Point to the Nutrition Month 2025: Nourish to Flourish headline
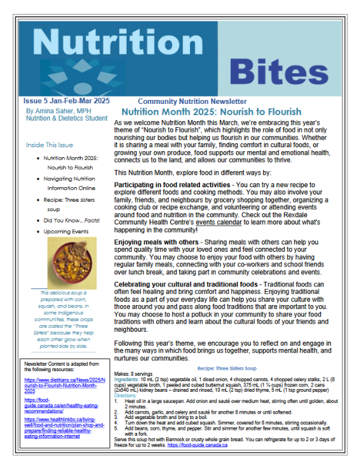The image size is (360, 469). click(x=221, y=112)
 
